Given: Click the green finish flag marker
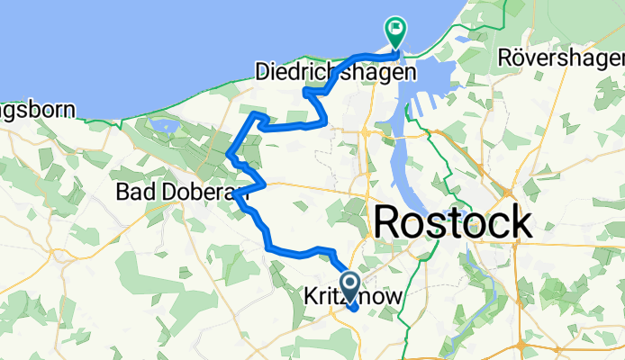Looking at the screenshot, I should [x=395, y=31].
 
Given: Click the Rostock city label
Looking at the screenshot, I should [x=452, y=221].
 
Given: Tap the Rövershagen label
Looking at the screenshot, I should [x=560, y=58].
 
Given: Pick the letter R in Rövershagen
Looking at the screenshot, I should [x=504, y=58].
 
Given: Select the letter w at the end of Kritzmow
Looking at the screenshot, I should [x=394, y=296].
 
